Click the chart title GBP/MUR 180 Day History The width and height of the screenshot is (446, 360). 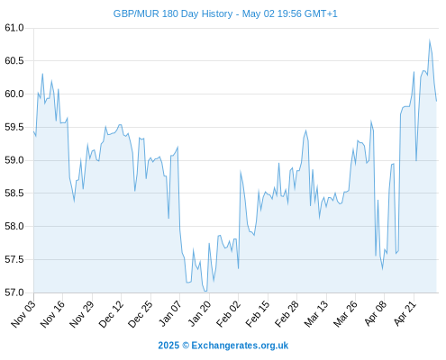tap(173, 13)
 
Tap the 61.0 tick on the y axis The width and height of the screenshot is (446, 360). tap(14, 28)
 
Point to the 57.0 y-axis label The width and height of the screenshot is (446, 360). tap(14, 292)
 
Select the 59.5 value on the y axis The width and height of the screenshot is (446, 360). tap(14, 127)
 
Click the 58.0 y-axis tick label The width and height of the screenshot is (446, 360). tap(14, 226)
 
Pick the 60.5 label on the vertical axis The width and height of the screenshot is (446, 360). tap(14, 61)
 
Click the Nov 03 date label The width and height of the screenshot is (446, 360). tap(23, 313)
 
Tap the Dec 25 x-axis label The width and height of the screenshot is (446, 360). tap(141, 313)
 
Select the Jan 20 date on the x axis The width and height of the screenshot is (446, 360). tap(199, 313)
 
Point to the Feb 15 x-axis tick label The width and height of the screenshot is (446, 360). tap(258, 313)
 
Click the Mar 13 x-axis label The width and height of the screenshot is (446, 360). tap(316, 313)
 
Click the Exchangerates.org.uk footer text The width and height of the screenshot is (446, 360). tap(240, 346)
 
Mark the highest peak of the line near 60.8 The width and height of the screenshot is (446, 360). tap(430, 40)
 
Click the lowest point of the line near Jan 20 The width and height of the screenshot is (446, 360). tap(205, 291)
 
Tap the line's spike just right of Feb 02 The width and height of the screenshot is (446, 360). tap(241, 171)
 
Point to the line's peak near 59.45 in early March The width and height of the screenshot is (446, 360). tap(306, 130)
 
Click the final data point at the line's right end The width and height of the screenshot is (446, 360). tap(436, 101)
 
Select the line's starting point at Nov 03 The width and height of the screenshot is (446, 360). tap(34, 131)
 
